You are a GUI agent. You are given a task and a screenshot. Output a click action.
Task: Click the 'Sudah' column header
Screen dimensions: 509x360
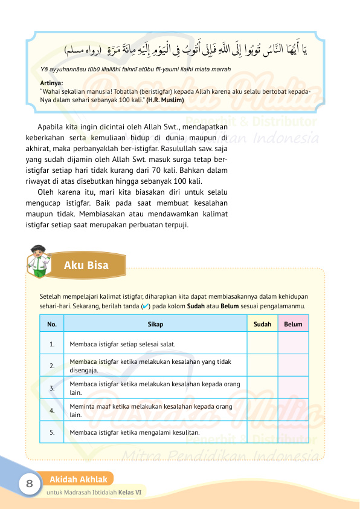click(x=262, y=325)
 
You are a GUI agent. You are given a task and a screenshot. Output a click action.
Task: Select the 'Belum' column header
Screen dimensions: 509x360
click(x=293, y=325)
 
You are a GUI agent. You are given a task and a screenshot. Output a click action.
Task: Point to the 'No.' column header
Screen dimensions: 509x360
click(x=52, y=325)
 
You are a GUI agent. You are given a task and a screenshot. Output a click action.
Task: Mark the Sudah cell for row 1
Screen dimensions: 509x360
click(x=262, y=344)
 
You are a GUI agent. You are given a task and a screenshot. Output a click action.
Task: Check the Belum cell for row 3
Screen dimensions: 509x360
click(x=293, y=387)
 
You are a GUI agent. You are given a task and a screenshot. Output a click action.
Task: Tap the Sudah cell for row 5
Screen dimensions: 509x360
click(x=262, y=432)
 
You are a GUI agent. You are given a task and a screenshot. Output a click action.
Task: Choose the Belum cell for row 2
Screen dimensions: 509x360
click(x=293, y=365)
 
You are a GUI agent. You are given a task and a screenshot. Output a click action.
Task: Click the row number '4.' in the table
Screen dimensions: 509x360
click(x=53, y=410)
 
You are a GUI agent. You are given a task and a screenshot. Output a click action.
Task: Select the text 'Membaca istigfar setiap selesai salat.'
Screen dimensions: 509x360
click(x=123, y=344)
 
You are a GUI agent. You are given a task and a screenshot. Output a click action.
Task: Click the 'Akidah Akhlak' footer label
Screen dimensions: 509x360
click(x=79, y=479)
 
